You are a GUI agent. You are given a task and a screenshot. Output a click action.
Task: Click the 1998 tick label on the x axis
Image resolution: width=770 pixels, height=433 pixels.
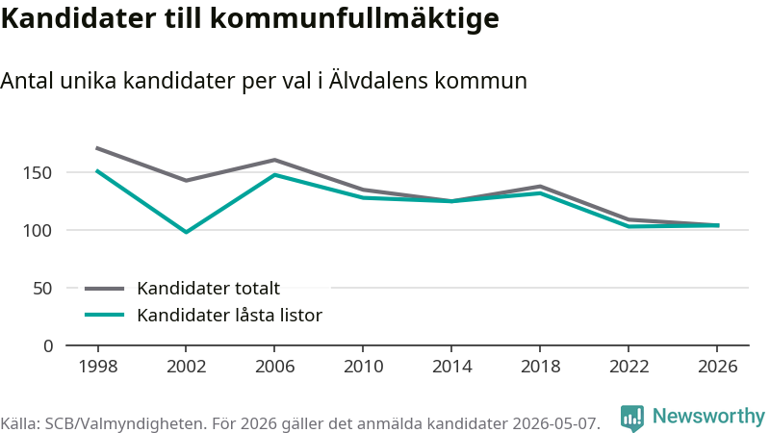coord(98,367)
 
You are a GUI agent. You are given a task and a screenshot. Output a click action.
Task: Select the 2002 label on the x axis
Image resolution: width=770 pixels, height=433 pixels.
coord(186,367)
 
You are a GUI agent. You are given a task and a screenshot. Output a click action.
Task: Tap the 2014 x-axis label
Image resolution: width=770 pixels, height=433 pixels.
coord(451,367)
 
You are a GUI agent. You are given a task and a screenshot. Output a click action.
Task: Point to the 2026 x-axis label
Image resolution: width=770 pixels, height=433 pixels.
coord(717,367)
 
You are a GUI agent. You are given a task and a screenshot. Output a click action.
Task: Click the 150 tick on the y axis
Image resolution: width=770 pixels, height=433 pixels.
coord(38,173)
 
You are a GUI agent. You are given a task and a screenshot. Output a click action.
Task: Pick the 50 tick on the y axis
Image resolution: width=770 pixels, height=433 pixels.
coord(42,288)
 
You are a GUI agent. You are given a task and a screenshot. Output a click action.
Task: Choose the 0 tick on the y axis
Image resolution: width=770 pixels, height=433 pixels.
coord(47,346)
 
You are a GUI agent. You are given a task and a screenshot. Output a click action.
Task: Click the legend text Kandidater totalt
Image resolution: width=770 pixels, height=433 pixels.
coord(208,288)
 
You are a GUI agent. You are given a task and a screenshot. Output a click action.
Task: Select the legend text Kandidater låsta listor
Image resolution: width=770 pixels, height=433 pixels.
coord(229,316)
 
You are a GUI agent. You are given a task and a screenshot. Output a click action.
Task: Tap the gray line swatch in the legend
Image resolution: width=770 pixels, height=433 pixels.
coord(104,289)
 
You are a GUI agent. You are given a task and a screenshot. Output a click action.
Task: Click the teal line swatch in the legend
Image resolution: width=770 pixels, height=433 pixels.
coord(104,315)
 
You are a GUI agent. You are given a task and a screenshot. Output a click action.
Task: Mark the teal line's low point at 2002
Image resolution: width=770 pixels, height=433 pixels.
coord(186,232)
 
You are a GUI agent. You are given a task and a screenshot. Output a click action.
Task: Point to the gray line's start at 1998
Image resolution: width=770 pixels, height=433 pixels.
coord(97,148)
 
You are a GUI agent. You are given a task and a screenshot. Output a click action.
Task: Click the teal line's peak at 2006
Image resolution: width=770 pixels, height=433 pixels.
coord(274,174)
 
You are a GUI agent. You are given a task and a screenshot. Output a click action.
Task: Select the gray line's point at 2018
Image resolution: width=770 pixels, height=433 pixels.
coord(540,186)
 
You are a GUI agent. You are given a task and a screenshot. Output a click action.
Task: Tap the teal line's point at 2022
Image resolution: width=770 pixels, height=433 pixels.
coord(629,226)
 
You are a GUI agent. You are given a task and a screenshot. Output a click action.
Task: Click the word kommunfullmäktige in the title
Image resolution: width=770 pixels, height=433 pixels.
coord(354,19)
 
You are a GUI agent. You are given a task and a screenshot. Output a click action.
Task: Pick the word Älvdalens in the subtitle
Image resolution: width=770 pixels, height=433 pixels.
coord(378,80)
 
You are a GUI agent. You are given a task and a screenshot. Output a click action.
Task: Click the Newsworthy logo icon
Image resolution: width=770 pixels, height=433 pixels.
coord(632,418)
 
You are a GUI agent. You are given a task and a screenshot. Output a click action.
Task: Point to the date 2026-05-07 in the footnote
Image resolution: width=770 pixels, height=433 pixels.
coord(556,423)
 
